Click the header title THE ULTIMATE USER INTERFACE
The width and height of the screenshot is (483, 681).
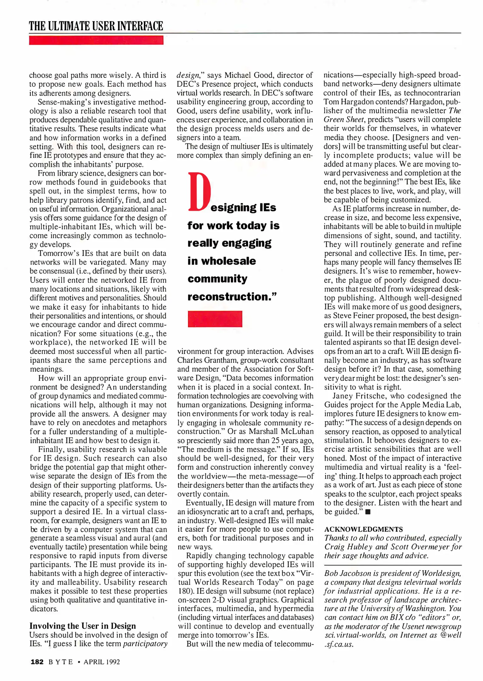click(x=96, y=26)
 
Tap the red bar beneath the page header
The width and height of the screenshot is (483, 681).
click(x=96, y=40)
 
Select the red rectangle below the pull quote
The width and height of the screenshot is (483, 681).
click(x=215, y=319)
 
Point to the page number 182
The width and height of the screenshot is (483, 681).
click(x=37, y=662)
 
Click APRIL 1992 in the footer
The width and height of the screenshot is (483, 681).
click(x=102, y=662)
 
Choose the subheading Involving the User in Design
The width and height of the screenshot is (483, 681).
click(x=83, y=626)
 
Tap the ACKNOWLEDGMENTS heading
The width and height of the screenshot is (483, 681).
click(x=364, y=529)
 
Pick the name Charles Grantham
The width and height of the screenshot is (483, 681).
click(x=203, y=360)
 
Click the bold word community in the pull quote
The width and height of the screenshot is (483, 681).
click(x=217, y=279)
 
